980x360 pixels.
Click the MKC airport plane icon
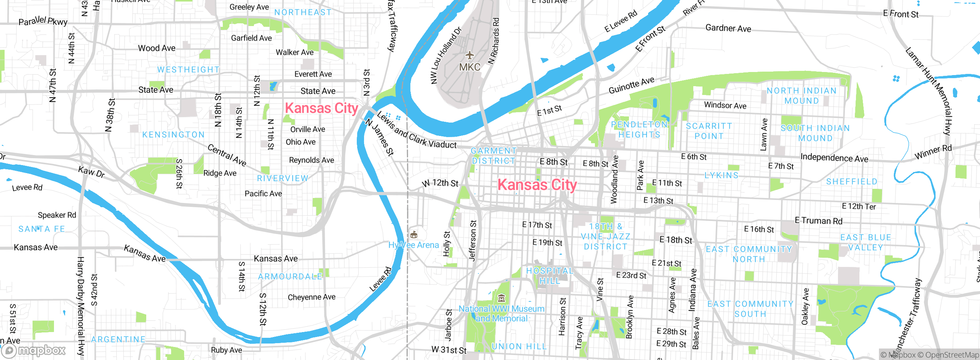(470, 56)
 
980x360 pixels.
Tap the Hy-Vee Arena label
(414, 245)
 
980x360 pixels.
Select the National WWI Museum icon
(501, 298)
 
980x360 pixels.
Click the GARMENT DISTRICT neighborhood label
(493, 156)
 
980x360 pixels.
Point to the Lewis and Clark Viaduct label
(416, 131)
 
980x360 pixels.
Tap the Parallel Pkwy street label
(43, 21)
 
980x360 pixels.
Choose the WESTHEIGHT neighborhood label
(188, 70)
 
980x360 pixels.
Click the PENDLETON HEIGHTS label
(639, 129)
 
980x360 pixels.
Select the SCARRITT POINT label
(709, 131)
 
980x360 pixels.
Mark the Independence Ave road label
(834, 158)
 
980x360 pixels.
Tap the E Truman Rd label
(818, 221)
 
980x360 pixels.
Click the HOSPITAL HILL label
(550, 276)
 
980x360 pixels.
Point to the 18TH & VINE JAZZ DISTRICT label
(605, 237)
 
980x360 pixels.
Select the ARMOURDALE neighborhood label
(290, 277)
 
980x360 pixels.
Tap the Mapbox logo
(34, 350)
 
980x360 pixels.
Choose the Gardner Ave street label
(728, 28)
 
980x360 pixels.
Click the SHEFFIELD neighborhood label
(851, 182)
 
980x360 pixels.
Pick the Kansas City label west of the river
(321, 108)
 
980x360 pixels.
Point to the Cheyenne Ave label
(311, 297)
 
